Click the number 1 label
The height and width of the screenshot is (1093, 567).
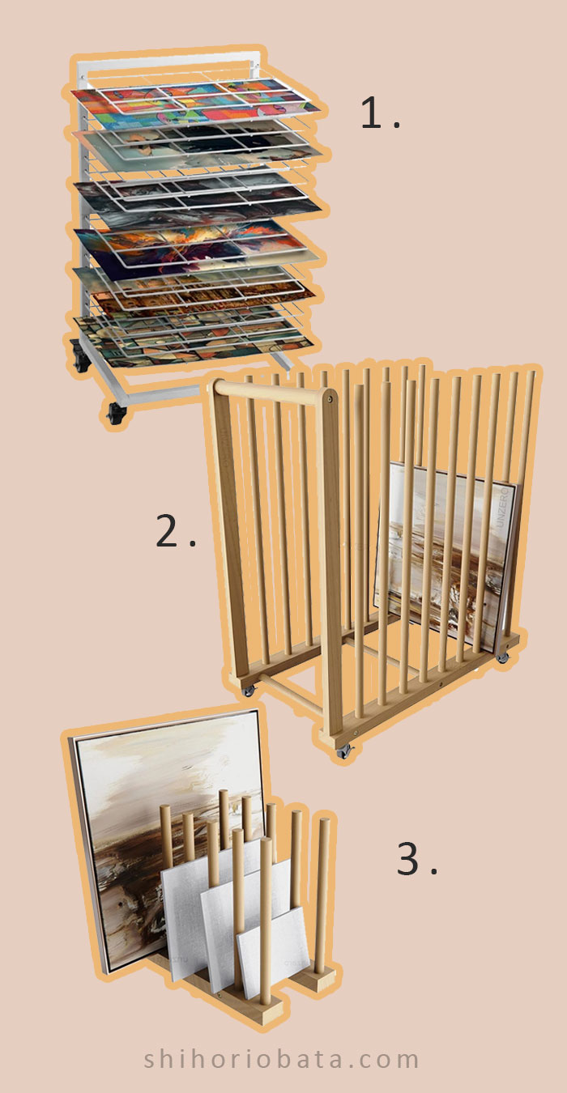(x=379, y=113)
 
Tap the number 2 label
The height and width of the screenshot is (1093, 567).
(x=175, y=532)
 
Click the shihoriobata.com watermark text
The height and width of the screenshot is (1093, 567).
(x=283, y=1058)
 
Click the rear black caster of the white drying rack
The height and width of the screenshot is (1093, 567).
(x=80, y=361)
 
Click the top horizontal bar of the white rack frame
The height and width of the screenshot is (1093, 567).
(x=162, y=59)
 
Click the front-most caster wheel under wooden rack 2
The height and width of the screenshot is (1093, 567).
(x=345, y=751)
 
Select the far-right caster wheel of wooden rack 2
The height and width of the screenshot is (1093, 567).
(x=503, y=657)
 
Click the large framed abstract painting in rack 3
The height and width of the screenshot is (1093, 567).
(x=130, y=810)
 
